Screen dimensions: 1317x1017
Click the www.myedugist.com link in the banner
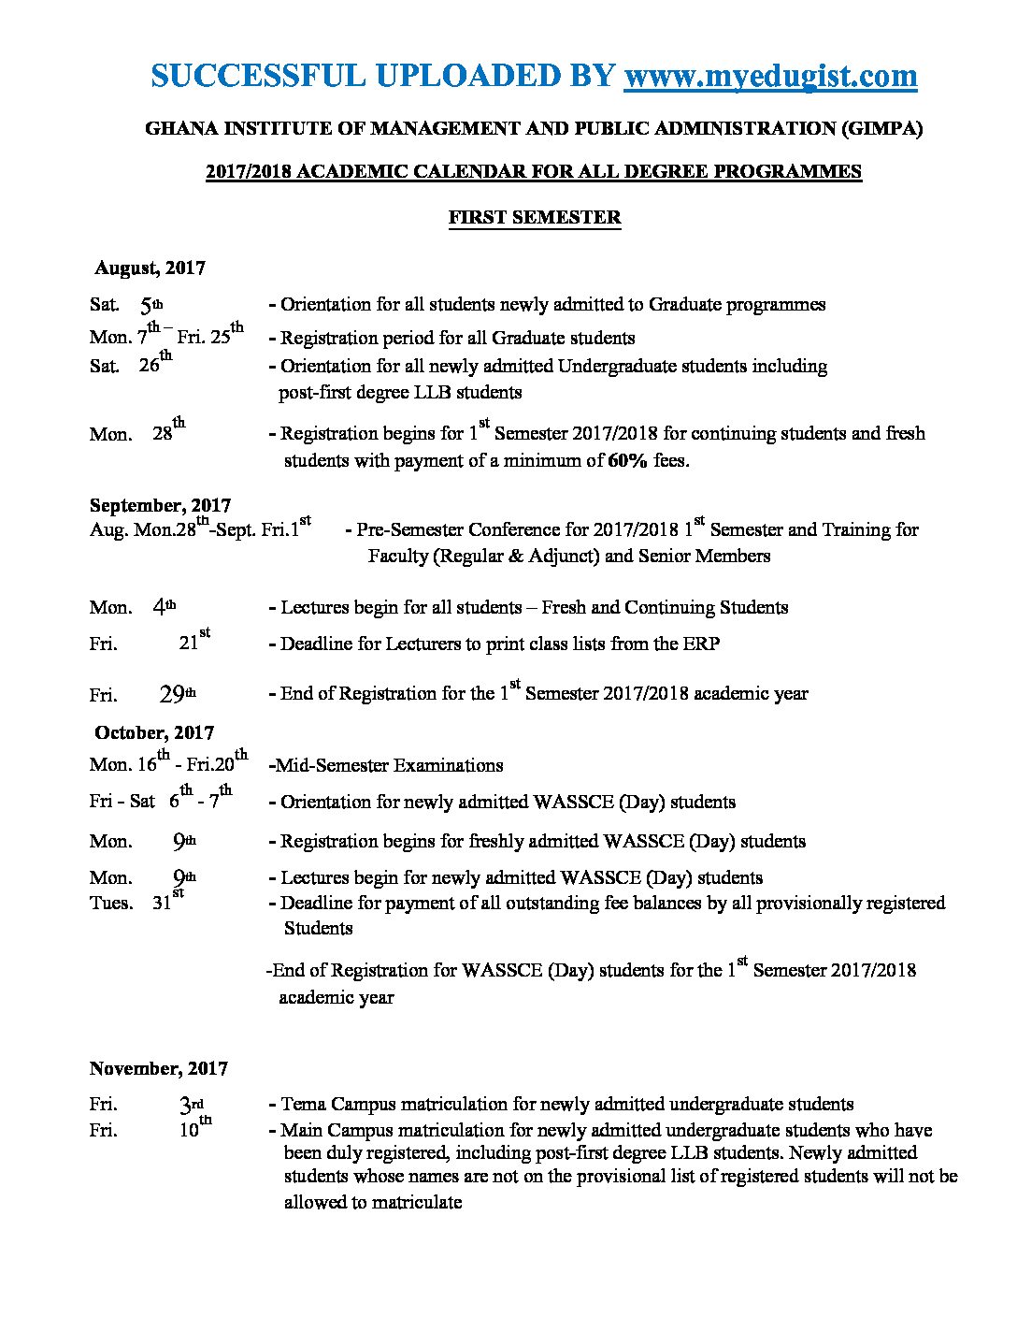pos(770,76)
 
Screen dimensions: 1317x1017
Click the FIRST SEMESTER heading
pos(535,218)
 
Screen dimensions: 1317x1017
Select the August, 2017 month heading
pos(150,268)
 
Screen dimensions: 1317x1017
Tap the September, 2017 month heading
pos(160,506)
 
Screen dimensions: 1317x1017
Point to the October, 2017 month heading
pos(154,733)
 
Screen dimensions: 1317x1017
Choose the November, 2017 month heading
pos(159,1069)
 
